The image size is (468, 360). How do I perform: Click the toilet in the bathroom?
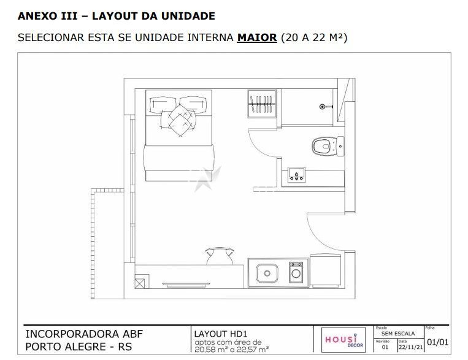[328, 146]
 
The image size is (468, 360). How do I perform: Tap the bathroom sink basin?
[296, 175]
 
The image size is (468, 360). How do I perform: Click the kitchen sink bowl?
[267, 273]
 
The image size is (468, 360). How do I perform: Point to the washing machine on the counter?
[296, 272]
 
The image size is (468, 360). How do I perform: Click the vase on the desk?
[220, 256]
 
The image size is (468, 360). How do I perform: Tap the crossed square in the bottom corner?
[139, 283]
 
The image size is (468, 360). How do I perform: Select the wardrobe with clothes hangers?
[262, 104]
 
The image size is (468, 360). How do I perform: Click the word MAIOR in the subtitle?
[257, 38]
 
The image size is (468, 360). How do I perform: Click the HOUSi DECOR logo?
[344, 340]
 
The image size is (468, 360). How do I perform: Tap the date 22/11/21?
[411, 347]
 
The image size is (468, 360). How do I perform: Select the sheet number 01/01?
[437, 342]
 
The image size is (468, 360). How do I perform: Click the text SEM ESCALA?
[398, 334]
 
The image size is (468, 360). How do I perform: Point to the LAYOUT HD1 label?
[221, 334]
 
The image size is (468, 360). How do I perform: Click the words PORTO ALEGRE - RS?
[79, 347]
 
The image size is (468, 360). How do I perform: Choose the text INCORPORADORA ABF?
[84, 334]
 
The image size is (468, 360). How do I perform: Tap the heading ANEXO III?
[48, 16]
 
